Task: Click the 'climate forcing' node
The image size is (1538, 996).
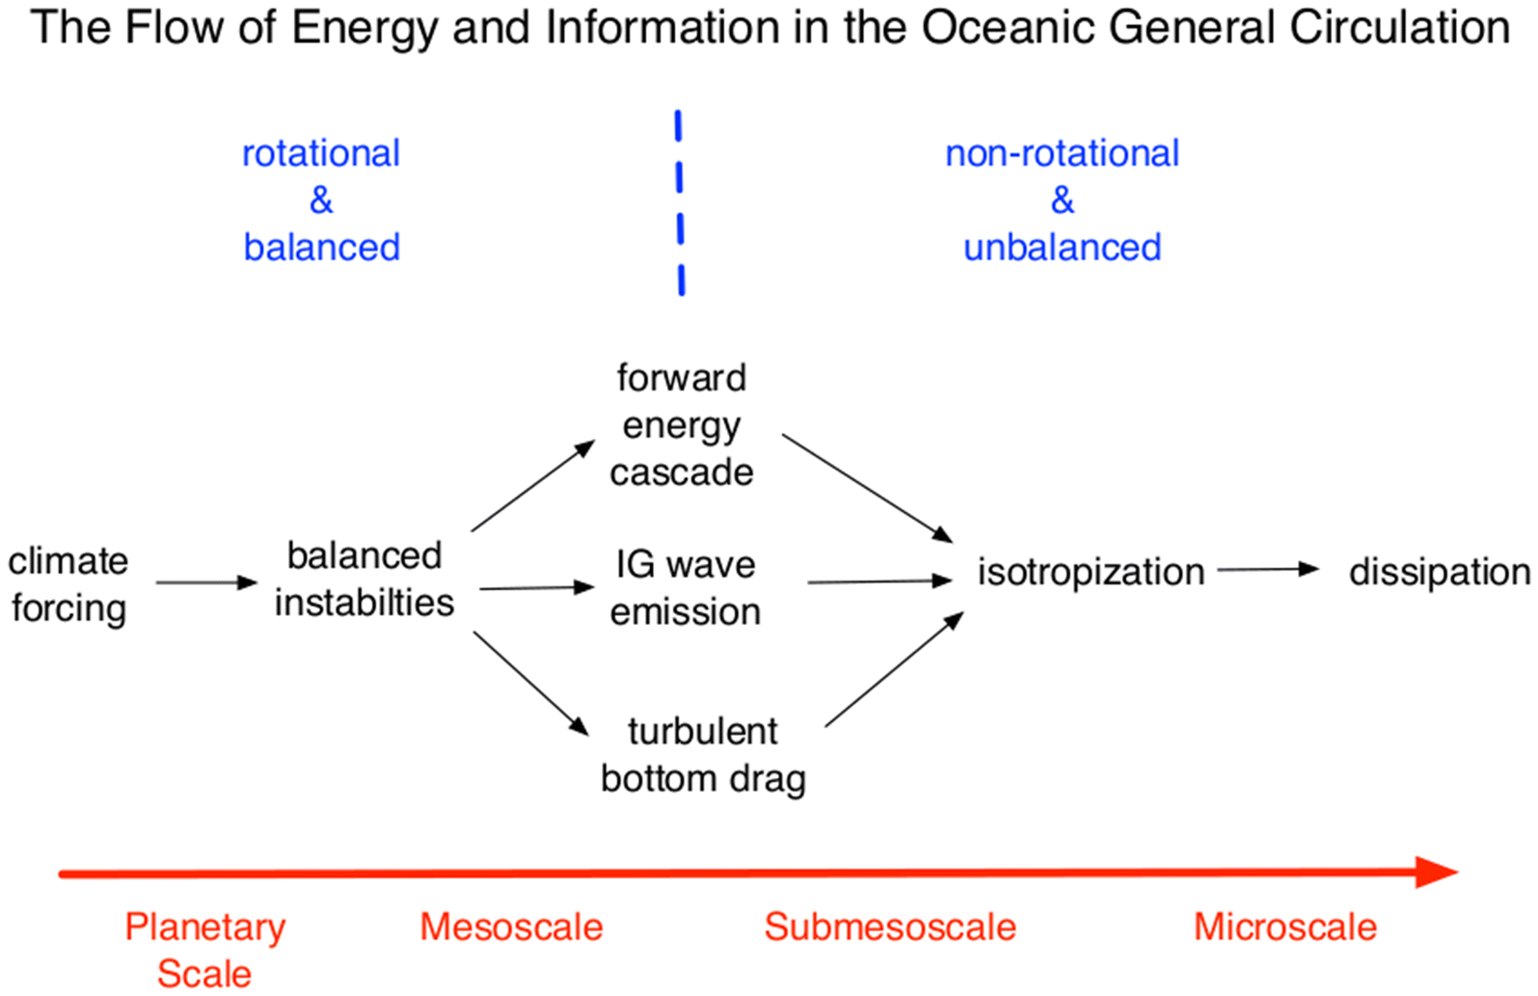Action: (67, 584)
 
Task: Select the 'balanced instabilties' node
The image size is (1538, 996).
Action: (364, 579)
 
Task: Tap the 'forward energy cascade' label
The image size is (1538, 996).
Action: (681, 425)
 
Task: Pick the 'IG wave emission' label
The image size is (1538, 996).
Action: (685, 587)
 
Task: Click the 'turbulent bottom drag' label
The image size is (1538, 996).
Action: (703, 755)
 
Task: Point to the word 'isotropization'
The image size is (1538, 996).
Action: (1091, 572)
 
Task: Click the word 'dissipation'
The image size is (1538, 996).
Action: (1439, 572)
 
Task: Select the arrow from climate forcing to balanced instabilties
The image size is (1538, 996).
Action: (206, 582)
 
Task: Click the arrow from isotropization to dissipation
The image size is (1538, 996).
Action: (1267, 570)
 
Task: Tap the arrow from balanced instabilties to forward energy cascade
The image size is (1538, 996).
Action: (533, 486)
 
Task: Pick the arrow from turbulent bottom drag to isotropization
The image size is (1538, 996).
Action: (894, 669)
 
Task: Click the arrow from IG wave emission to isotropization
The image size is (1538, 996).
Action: (879, 581)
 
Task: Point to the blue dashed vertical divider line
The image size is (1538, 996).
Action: (680, 202)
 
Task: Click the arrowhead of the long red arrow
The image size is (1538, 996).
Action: (1437, 873)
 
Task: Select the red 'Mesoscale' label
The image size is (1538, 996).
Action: (511, 928)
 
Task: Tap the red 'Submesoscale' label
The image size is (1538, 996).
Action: (890, 928)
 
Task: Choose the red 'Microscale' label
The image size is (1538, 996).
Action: (1284, 928)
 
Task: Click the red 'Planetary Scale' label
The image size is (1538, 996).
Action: (204, 950)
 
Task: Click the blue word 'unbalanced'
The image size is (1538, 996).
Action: (1062, 248)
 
